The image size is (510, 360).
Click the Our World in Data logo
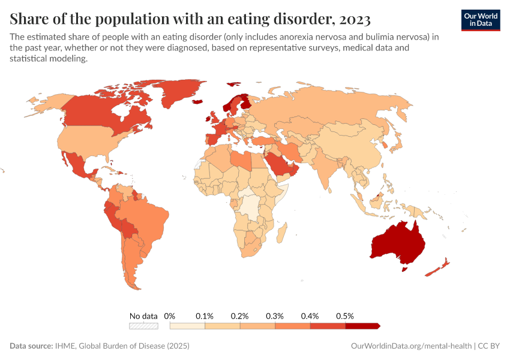click(x=480, y=20)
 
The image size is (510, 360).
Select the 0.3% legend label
click(x=275, y=316)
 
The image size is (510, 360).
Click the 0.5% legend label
click(x=345, y=316)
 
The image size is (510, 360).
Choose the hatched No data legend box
click(x=143, y=326)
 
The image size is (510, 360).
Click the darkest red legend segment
click(x=362, y=326)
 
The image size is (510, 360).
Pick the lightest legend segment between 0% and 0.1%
click(x=187, y=326)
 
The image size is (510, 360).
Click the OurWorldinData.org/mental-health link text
click(x=410, y=346)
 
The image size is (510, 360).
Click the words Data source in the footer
click(x=31, y=346)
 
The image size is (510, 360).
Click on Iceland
click(x=198, y=102)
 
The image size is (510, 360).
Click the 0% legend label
click(x=169, y=316)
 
